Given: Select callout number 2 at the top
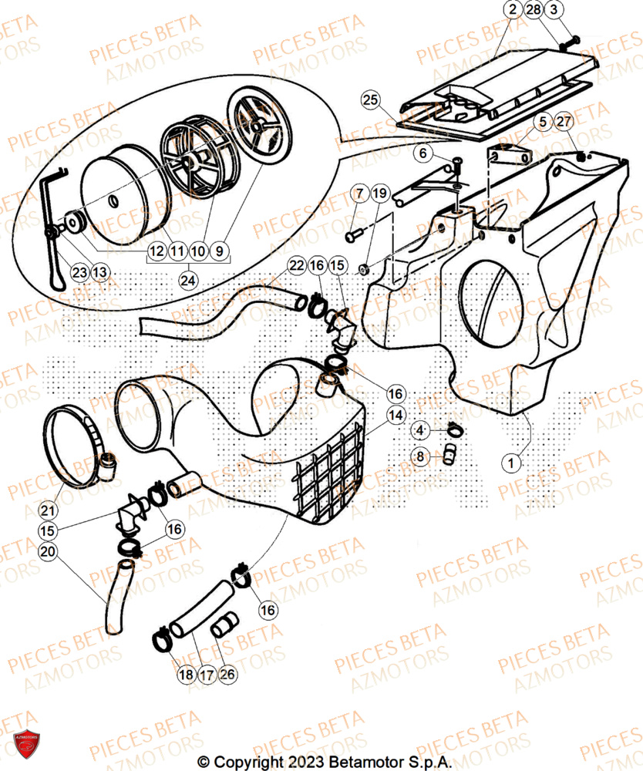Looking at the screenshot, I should [512, 10].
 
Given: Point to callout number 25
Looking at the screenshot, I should [371, 100].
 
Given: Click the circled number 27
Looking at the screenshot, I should [564, 122].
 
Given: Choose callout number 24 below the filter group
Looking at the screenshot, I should [187, 281].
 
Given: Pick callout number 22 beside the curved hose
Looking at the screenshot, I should [298, 265].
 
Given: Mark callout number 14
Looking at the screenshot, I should [396, 416].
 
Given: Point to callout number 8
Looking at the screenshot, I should [420, 456].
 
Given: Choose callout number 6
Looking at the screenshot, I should [422, 153].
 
